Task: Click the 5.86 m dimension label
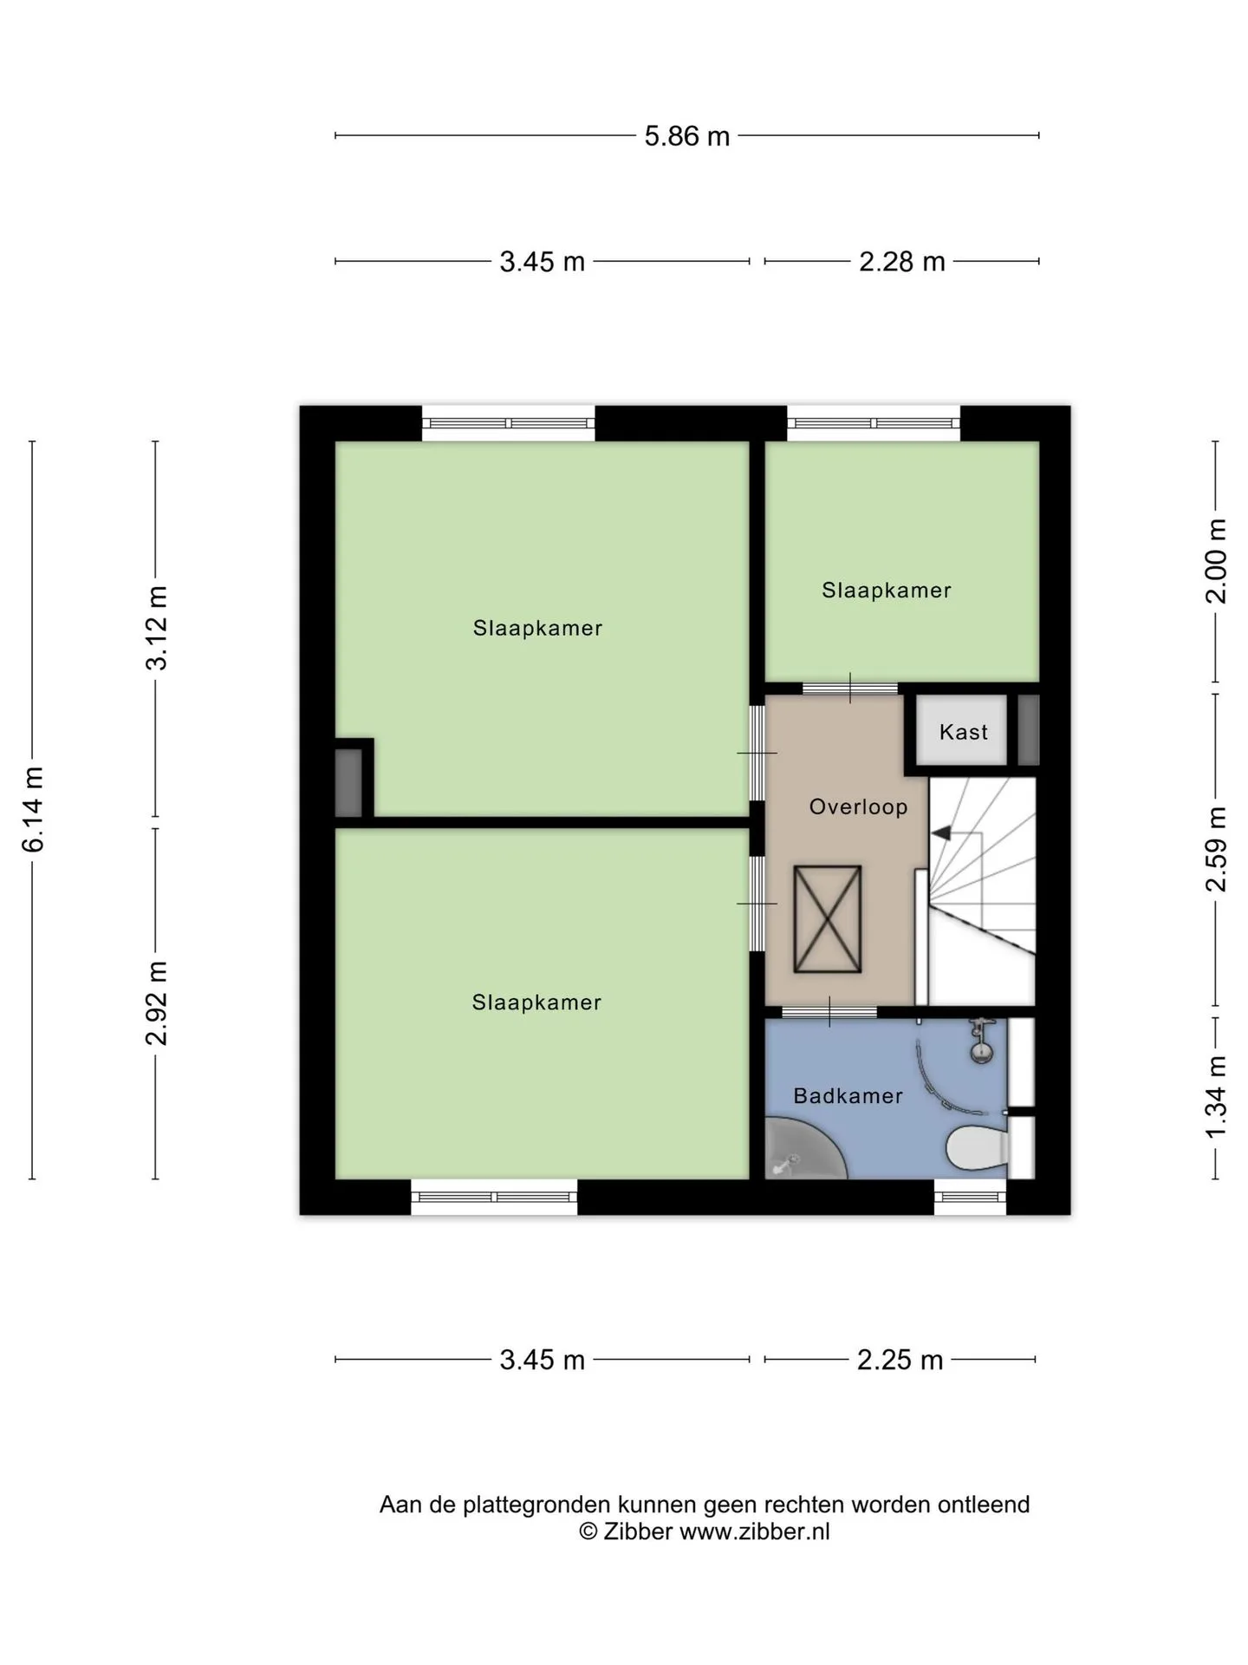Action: (x=686, y=136)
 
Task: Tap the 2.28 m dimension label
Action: (x=901, y=261)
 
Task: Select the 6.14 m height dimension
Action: (x=33, y=809)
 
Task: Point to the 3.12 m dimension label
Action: (x=157, y=628)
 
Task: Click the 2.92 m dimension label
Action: (x=157, y=1002)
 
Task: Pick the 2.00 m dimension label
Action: (x=1216, y=560)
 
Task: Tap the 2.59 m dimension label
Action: (x=1216, y=848)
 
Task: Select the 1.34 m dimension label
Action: (x=1216, y=1097)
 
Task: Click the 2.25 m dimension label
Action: (x=900, y=1360)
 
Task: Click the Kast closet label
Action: (x=964, y=732)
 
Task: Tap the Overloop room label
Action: (x=858, y=806)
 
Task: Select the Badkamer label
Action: (x=848, y=1096)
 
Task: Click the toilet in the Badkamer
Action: (x=978, y=1147)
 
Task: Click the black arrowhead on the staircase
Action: (x=940, y=833)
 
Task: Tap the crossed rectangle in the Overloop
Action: (x=828, y=919)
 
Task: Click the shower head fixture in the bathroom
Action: (x=980, y=1041)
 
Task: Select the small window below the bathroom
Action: (x=970, y=1197)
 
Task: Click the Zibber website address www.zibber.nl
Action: (x=754, y=1531)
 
